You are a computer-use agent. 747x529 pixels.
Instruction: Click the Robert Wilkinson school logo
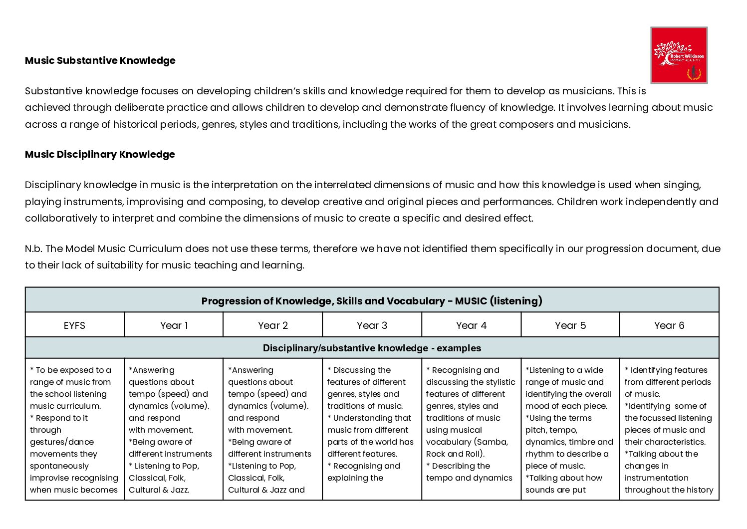(x=679, y=55)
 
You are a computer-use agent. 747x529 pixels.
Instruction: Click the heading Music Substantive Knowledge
(x=100, y=60)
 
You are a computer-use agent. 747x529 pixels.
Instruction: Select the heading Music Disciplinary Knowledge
(x=100, y=154)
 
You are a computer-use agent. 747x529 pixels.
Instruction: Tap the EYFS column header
(x=74, y=325)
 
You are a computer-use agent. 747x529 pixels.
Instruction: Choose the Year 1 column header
(x=174, y=325)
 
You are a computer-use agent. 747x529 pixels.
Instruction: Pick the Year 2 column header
(x=273, y=325)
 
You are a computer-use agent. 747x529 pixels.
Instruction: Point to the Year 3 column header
(x=372, y=325)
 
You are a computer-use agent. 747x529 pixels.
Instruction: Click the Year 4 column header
(x=471, y=325)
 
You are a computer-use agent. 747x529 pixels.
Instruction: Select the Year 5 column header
(x=570, y=325)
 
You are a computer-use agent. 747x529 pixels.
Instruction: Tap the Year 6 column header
(x=669, y=325)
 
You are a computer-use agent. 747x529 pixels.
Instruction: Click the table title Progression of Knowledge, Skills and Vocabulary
(x=372, y=301)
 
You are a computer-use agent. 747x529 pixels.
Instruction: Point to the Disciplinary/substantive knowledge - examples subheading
(x=372, y=348)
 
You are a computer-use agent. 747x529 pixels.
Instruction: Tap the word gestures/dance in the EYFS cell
(x=62, y=442)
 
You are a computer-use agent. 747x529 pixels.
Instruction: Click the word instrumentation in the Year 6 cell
(x=656, y=478)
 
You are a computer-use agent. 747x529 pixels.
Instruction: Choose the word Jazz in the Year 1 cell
(x=180, y=490)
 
